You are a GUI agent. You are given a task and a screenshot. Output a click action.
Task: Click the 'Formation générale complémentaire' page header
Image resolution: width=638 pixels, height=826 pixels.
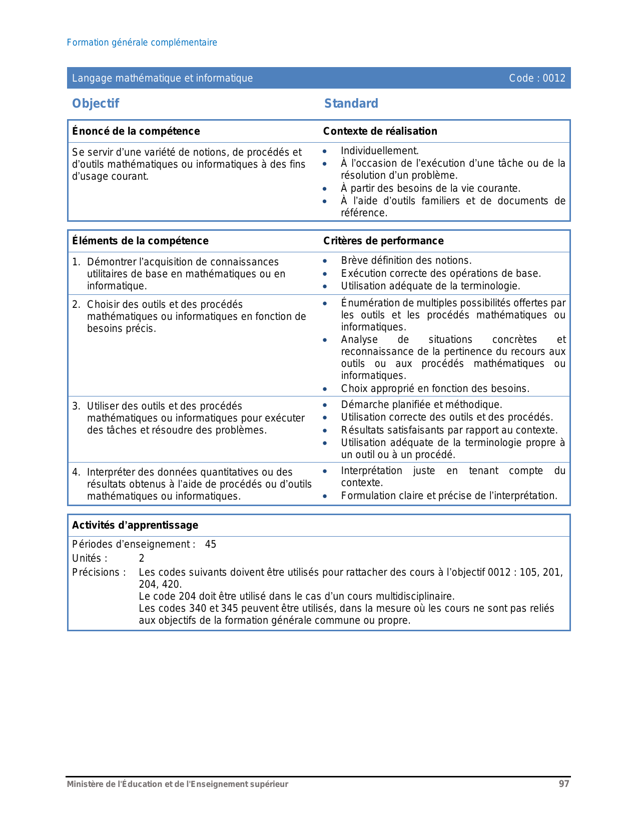(x=142, y=43)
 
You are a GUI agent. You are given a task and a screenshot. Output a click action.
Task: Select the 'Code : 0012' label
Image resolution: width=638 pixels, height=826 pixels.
(x=537, y=78)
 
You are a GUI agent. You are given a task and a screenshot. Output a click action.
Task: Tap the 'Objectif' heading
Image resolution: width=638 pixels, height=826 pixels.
(x=96, y=104)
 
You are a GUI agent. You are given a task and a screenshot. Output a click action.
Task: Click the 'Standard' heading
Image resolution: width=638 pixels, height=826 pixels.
(x=351, y=104)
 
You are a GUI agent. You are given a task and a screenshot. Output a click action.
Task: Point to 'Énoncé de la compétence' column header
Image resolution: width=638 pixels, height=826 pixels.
(x=136, y=131)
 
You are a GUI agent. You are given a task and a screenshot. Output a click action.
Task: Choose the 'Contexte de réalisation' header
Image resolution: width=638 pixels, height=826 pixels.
(x=380, y=131)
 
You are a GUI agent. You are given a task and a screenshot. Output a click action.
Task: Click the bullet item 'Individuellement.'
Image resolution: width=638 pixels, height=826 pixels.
(x=380, y=151)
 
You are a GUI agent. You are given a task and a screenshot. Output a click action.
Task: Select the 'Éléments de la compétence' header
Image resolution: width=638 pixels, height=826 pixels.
(x=140, y=241)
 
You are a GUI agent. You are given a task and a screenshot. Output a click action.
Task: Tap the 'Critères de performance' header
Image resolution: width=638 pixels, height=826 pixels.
(x=383, y=241)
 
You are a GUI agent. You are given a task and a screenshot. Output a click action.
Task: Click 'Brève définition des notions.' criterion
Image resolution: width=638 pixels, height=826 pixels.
(x=406, y=260)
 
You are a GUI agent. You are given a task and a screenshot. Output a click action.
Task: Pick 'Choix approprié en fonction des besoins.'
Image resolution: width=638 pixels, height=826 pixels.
(x=435, y=388)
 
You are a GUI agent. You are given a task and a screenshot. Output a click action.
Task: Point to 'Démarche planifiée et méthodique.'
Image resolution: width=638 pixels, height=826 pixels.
(x=421, y=404)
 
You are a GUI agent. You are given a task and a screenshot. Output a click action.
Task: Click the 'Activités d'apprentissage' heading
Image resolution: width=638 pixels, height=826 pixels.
(x=135, y=525)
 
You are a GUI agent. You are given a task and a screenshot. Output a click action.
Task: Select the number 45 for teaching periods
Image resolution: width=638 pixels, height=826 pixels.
(x=211, y=544)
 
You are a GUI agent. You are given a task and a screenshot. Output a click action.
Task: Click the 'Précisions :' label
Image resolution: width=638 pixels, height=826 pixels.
(x=99, y=572)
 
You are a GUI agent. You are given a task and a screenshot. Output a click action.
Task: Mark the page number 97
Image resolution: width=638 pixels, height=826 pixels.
(x=564, y=784)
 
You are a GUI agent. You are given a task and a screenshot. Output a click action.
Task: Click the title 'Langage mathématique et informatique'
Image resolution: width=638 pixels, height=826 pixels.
(x=163, y=78)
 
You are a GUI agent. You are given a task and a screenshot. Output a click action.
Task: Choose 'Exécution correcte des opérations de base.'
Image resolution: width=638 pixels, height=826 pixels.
(x=441, y=273)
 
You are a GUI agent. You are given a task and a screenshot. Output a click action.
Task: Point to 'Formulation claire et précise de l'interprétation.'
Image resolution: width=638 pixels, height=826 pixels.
(x=449, y=496)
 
